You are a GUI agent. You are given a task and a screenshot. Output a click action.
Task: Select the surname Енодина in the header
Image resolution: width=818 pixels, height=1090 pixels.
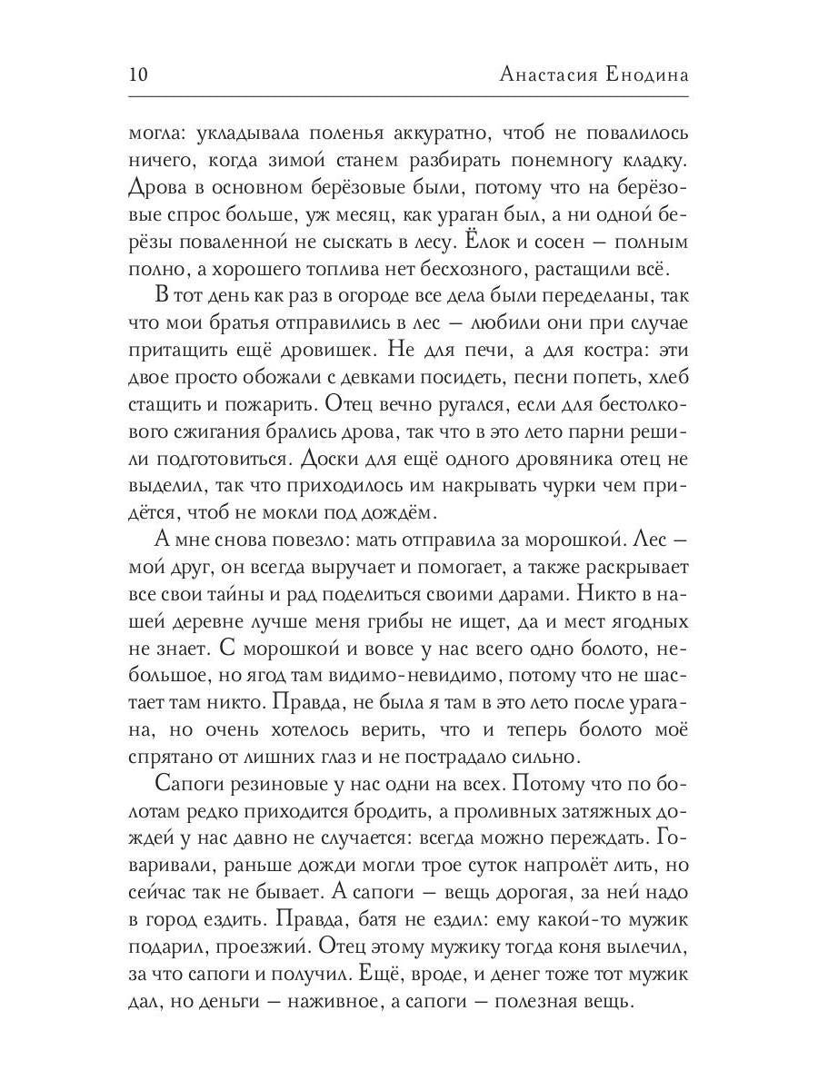tap(648, 74)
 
